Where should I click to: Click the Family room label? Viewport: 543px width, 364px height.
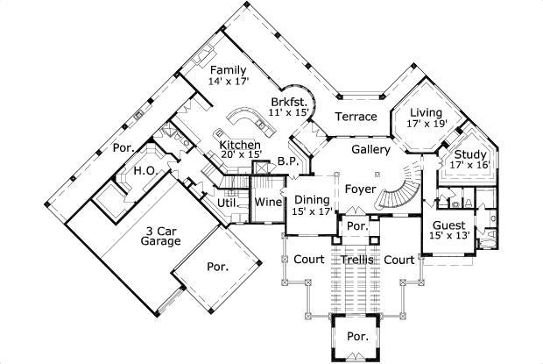click(227, 69)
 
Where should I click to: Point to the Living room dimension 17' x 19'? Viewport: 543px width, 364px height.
click(427, 124)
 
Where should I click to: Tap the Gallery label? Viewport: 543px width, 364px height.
click(370, 150)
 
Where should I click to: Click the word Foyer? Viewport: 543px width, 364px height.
click(360, 189)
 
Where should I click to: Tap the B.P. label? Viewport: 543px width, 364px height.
click(288, 161)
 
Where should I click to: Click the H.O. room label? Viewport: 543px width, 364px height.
click(145, 172)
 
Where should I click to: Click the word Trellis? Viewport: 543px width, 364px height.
click(357, 261)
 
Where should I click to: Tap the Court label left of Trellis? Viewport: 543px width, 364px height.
click(309, 260)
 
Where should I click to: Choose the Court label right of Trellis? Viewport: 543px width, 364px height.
click(399, 260)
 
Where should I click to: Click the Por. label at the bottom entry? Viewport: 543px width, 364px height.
click(356, 336)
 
